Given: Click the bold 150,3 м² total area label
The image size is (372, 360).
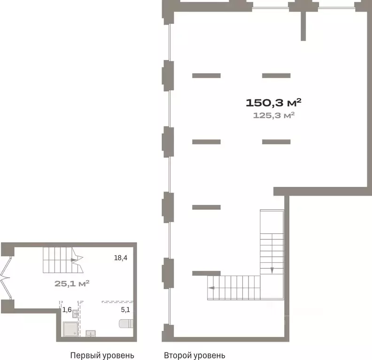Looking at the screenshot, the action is click(273, 103).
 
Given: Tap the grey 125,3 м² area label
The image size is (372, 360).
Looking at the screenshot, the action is click(274, 115).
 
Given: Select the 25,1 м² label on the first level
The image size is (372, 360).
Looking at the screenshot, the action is click(72, 283).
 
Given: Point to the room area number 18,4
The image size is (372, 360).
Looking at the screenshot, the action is click(121, 258).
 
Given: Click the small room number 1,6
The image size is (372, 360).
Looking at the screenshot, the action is click(67, 309).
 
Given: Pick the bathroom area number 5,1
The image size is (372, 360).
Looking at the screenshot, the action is click(125, 309).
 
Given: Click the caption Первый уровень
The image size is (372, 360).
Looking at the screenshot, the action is click(102, 355).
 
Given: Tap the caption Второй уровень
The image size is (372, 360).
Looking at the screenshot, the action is click(194, 355).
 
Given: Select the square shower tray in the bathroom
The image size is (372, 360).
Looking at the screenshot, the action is click(70, 329).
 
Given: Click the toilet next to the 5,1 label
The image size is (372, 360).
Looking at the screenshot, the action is click(126, 324).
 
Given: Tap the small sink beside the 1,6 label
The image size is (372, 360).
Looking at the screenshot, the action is click(76, 314).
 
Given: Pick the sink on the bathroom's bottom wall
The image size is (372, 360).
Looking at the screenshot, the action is click(91, 333).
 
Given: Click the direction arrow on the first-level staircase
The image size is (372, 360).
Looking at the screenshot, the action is click(74, 260).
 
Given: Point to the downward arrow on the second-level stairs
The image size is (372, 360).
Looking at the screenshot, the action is click(272, 270).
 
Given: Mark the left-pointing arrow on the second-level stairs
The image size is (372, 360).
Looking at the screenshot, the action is click(211, 288).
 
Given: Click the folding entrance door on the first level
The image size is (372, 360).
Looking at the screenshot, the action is click(6, 278).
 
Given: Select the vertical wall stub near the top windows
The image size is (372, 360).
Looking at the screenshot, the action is click(303, 26).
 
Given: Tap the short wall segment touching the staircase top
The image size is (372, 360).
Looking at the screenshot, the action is click(206, 273).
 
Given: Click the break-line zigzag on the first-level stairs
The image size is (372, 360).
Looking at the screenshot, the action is click(78, 260).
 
